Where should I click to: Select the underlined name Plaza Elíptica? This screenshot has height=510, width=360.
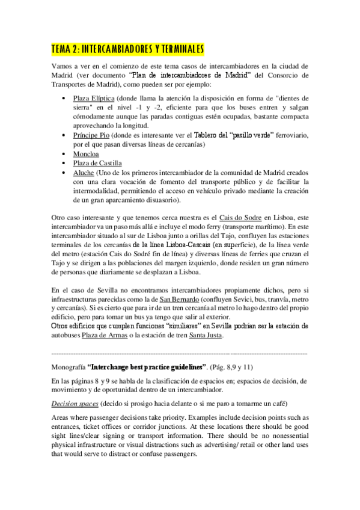coord(93,97)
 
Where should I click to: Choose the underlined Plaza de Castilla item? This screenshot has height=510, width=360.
coord(98,163)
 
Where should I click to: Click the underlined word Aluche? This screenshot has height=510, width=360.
coord(84,172)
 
